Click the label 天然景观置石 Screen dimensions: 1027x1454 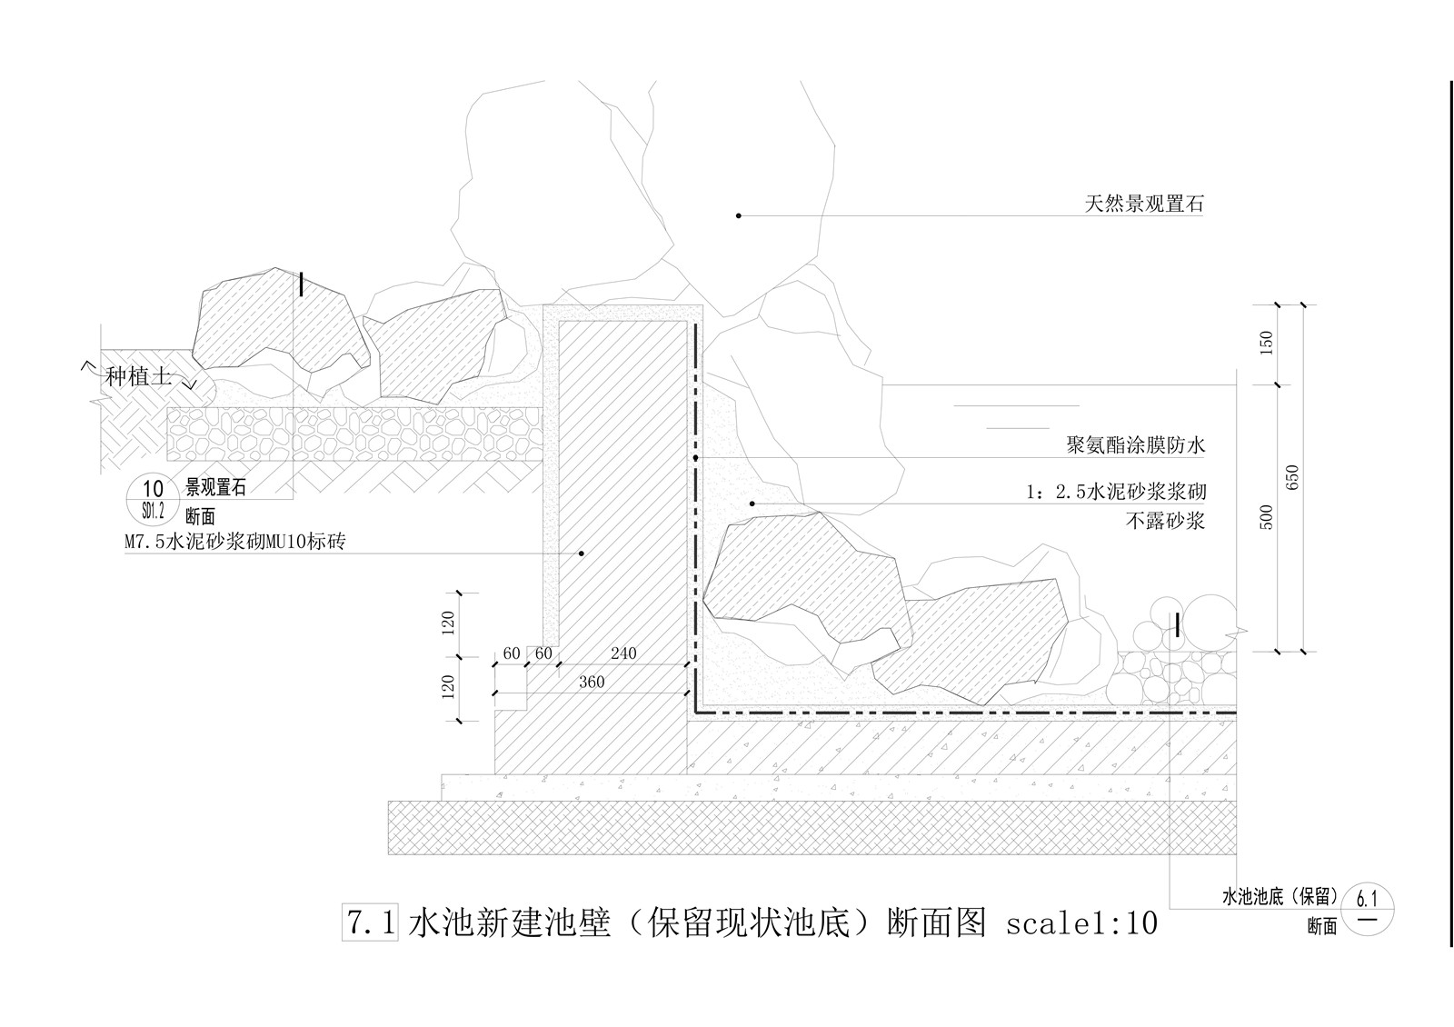coord(1143,204)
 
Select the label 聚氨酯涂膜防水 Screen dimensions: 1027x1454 coord(1135,445)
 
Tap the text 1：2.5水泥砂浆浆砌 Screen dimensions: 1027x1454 coord(1115,493)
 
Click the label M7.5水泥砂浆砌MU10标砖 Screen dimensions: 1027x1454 coord(236,543)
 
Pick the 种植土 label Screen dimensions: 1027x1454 coord(138,376)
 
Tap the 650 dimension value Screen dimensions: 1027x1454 coord(1293,479)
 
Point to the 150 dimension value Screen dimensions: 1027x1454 coord(1268,343)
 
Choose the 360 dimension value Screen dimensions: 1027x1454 coord(591,683)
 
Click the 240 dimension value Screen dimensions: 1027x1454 coord(623,653)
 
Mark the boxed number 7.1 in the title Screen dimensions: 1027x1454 coord(370,922)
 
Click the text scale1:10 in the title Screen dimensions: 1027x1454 coord(1081,923)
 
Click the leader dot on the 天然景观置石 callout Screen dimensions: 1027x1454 coord(739,215)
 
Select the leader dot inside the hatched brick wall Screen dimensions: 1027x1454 coord(583,552)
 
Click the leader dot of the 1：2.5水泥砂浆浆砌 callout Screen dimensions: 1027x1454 coord(752,503)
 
